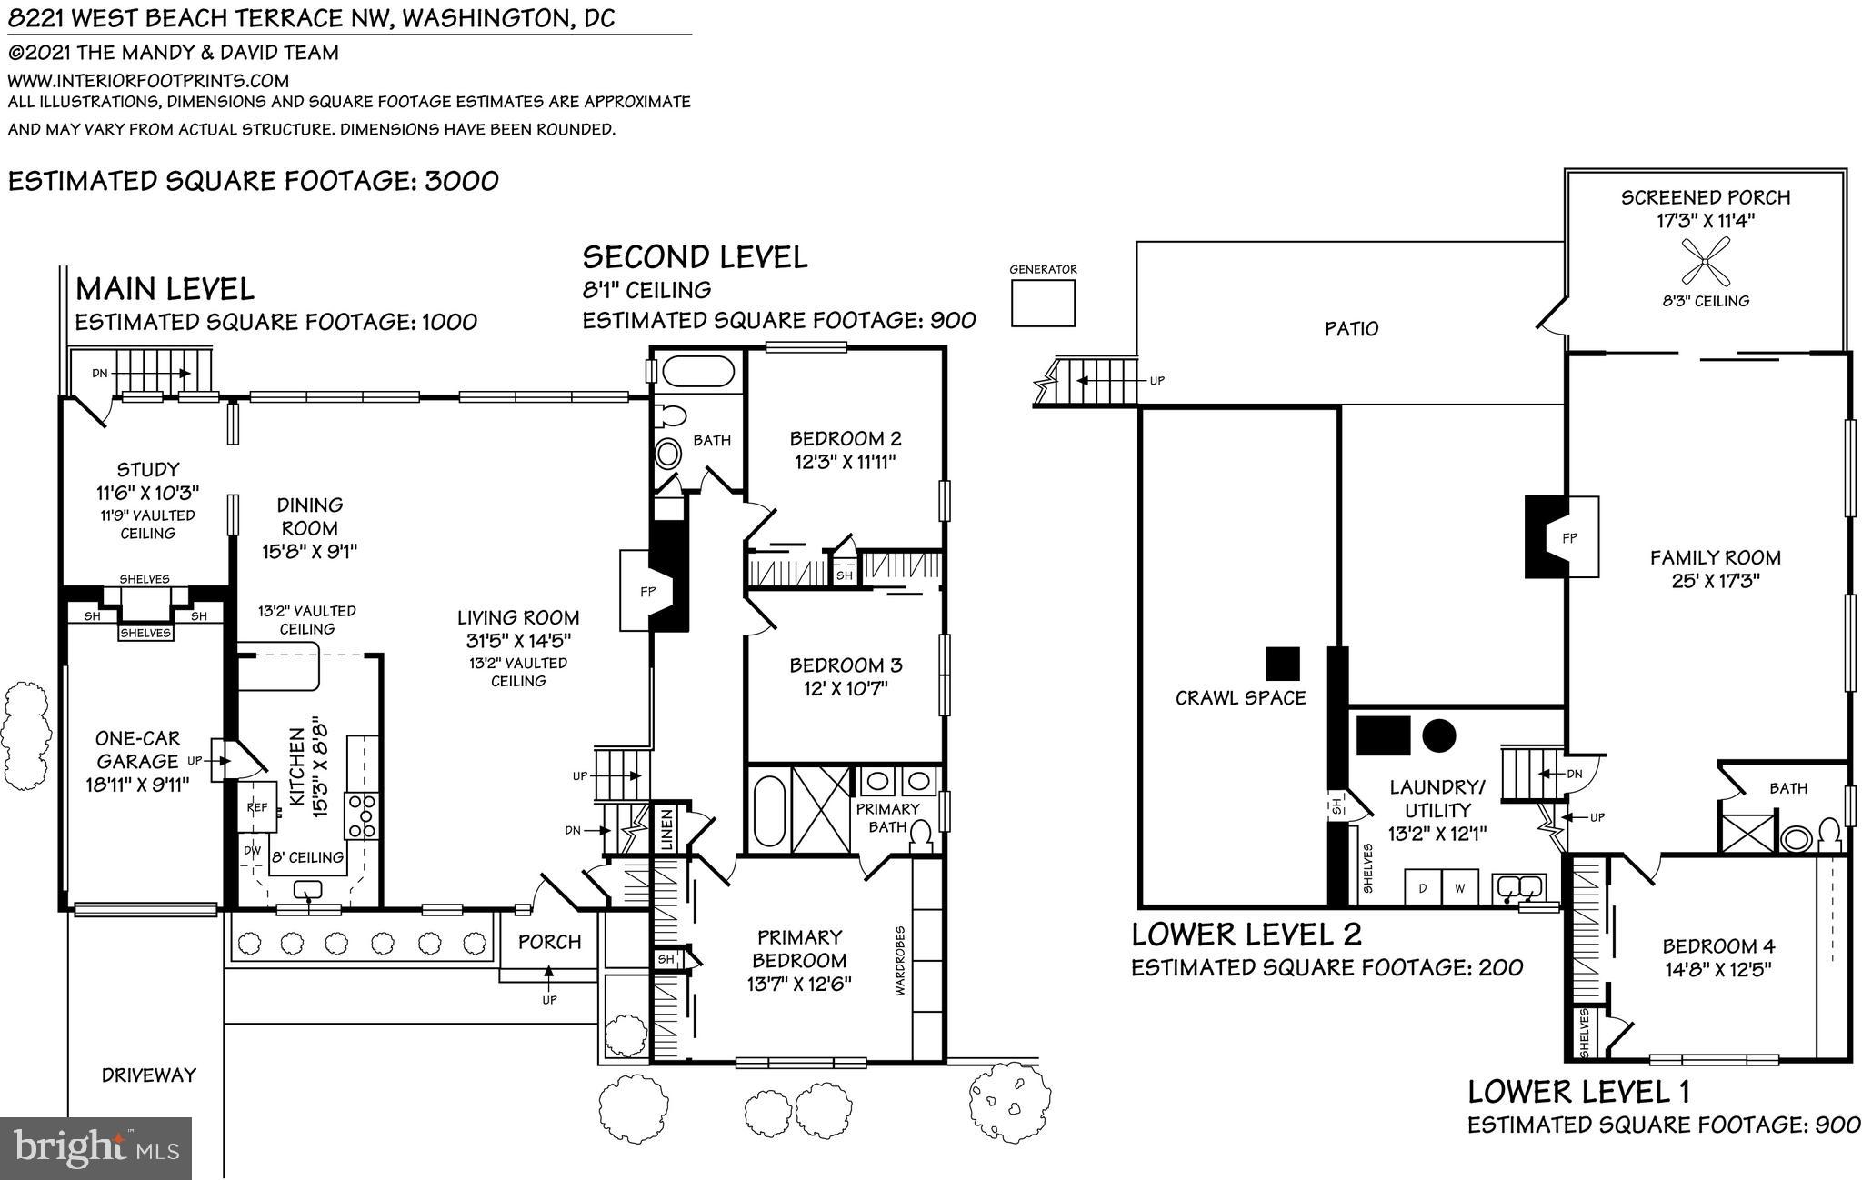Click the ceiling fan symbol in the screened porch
(1704, 262)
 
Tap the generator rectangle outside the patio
(1043, 303)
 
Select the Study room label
(148, 470)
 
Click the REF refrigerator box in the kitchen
(257, 806)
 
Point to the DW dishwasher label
(252, 852)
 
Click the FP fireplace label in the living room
(647, 592)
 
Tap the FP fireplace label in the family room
(1569, 538)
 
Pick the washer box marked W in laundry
(1459, 888)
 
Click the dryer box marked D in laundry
(1424, 888)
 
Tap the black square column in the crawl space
(1283, 664)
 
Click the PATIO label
(1351, 329)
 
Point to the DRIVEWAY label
(149, 1075)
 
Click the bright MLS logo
(96, 1148)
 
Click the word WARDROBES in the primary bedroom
(900, 961)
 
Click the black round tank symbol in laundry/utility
(1438, 735)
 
